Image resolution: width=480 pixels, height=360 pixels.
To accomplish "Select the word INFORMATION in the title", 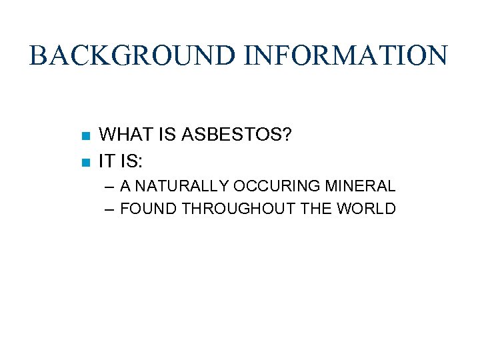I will (346, 55).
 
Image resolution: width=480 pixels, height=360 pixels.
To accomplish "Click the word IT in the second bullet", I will (106, 161).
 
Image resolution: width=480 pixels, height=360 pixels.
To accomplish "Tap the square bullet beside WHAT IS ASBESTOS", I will (85, 136).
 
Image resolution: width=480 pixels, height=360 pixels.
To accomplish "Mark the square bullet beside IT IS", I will (85, 163).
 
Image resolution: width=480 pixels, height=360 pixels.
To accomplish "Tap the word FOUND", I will (149, 209).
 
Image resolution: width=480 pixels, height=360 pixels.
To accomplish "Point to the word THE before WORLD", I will (315, 209).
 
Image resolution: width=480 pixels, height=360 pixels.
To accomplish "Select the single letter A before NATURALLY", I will (126, 185).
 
